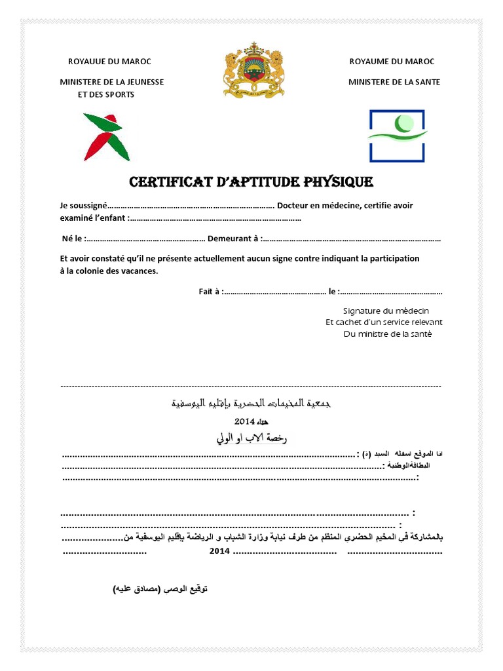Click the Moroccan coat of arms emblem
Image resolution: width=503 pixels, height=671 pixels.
pyautogui.click(x=253, y=70)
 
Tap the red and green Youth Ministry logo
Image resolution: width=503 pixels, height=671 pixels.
pyautogui.click(x=106, y=137)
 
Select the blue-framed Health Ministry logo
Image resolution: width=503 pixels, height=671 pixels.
pyautogui.click(x=397, y=136)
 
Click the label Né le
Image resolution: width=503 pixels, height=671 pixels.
pyautogui.click(x=73, y=239)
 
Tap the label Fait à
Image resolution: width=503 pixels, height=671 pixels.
pyautogui.click(x=210, y=292)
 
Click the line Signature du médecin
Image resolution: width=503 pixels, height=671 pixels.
pyautogui.click(x=386, y=311)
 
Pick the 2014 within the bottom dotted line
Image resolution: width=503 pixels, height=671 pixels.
pyautogui.click(x=219, y=552)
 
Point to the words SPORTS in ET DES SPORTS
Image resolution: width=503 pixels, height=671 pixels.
pyautogui.click(x=117, y=94)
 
